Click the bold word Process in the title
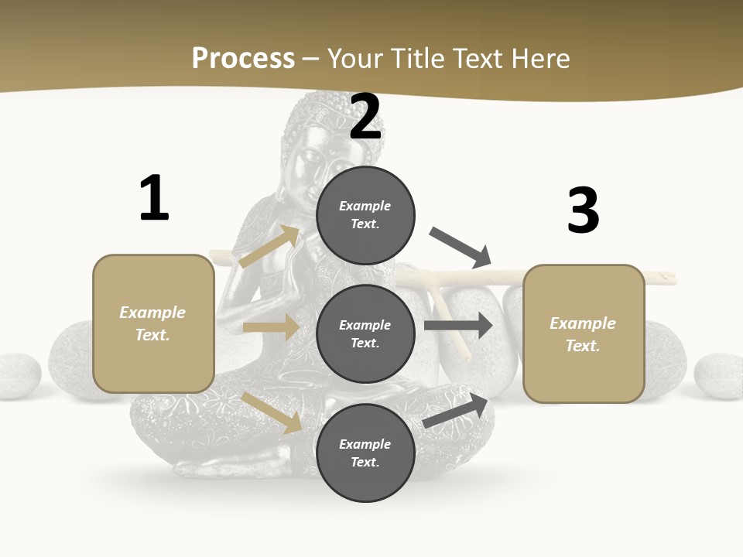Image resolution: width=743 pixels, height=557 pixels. (x=243, y=58)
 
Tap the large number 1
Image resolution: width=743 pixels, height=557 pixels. (x=154, y=199)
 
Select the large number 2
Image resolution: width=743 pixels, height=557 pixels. (x=365, y=118)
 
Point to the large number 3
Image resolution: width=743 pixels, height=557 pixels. (x=583, y=210)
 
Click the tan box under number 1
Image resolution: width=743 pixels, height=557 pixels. (x=153, y=323)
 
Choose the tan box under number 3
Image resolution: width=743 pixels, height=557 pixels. (x=584, y=333)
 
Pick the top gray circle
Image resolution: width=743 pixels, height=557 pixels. (x=365, y=214)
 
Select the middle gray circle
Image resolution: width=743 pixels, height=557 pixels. (x=365, y=333)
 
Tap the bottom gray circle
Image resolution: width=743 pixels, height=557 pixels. (x=365, y=453)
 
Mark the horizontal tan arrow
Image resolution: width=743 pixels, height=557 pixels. (x=270, y=327)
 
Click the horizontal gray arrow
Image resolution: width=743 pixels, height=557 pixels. (x=458, y=325)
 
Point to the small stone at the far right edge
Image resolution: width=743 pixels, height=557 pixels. (x=719, y=375)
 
